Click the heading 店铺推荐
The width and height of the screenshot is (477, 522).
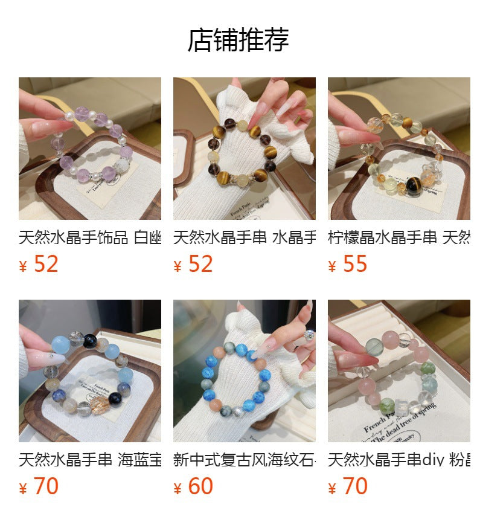tap(238, 40)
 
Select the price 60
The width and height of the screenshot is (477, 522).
tap(200, 486)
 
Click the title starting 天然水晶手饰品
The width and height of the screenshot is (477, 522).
tap(89, 237)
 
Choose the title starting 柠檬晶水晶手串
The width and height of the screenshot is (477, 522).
tap(399, 237)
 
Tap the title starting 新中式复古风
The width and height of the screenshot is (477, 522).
tap(244, 460)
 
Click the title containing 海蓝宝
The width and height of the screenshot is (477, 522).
tap(89, 460)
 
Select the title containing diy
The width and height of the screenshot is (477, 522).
tap(399, 460)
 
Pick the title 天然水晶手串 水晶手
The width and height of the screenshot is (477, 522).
tap(244, 237)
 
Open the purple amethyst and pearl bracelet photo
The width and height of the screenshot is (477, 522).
tap(89, 148)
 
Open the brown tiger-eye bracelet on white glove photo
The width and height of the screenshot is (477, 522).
tap(244, 148)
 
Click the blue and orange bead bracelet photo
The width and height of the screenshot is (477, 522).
tap(244, 370)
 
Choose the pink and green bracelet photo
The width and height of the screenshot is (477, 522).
tap(399, 370)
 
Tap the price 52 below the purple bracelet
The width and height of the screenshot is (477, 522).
tap(45, 264)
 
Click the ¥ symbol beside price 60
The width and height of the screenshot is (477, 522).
tap(178, 489)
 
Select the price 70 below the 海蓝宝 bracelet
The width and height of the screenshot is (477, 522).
tap(45, 486)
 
